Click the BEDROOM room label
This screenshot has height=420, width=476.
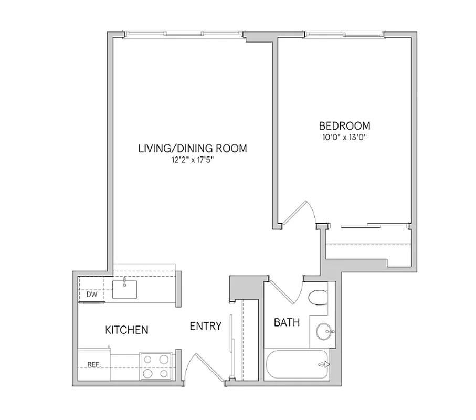pyautogui.click(x=345, y=126)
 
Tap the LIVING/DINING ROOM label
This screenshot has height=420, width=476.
pyautogui.click(x=192, y=148)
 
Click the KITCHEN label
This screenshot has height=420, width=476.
pyautogui.click(x=127, y=330)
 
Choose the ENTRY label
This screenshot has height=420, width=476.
pyautogui.click(x=205, y=327)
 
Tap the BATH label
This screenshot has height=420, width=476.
pyautogui.click(x=287, y=322)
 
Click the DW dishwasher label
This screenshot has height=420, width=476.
pyautogui.click(x=92, y=295)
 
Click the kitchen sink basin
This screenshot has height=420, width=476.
pyautogui.click(x=125, y=289)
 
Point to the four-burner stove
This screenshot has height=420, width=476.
pyautogui.click(x=156, y=366)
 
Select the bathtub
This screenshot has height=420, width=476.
pyautogui.click(x=298, y=364)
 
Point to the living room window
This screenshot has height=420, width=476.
pyautogui.click(x=184, y=35)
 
